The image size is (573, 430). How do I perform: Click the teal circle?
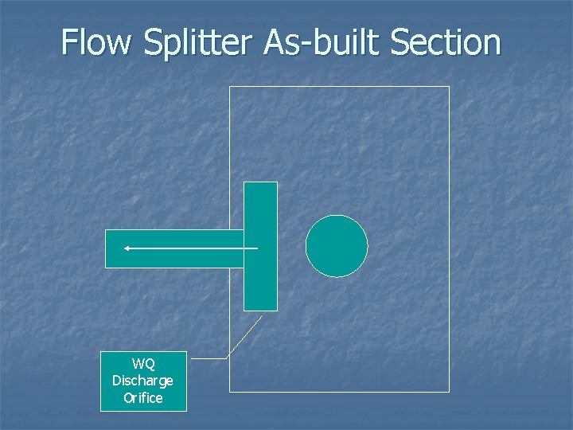coord(337,246)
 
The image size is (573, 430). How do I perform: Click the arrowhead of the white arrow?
coord(127,248)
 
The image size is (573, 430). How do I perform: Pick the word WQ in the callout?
coord(143,365)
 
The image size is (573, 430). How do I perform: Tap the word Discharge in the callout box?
coord(143,381)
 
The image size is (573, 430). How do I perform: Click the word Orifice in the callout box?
coord(143,397)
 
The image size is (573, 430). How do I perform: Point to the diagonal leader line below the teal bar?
coord(245,335)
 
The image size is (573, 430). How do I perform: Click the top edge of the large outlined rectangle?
coord(339,87)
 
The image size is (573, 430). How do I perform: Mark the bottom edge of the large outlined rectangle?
coord(339,391)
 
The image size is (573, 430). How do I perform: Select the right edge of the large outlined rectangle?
coord(449,239)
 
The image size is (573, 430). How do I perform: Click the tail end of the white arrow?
coord(256,248)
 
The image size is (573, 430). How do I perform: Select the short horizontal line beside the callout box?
coord(209,359)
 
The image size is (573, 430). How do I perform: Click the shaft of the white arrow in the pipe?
coord(191,248)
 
